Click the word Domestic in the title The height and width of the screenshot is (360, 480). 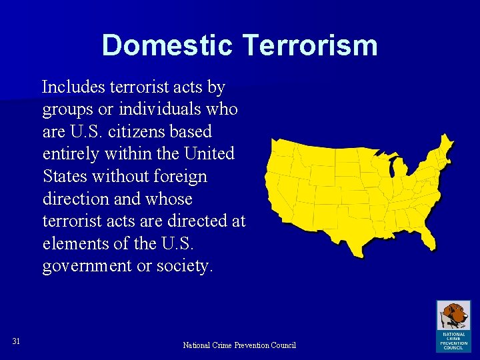point(167,45)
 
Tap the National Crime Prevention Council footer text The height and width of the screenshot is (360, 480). point(239,345)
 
